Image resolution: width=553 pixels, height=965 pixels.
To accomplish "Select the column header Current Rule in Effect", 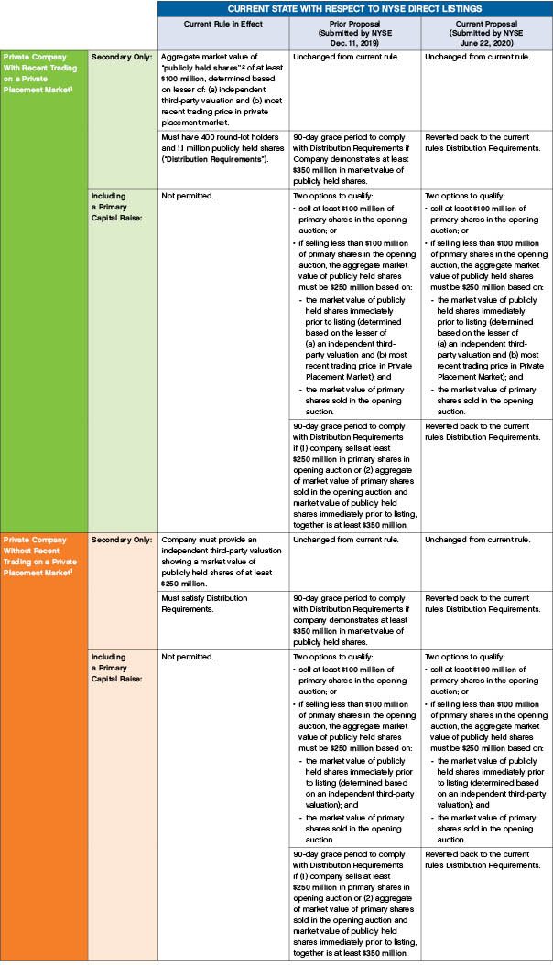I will pos(222,24).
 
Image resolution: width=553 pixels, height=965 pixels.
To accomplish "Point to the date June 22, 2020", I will pos(486,40).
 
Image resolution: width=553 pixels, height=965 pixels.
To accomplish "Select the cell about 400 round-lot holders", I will pos(221,146).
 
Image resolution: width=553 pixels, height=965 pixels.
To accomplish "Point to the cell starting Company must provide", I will pos(221,561).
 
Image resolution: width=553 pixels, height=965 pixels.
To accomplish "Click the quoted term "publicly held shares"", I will pos(199,67).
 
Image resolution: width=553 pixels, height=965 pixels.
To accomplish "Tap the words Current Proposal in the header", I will pos(486,24).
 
